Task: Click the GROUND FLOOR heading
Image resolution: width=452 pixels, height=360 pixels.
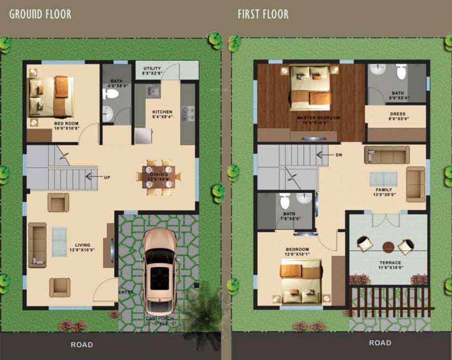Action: (x=40, y=14)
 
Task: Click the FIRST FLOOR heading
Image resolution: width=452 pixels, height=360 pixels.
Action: (x=263, y=14)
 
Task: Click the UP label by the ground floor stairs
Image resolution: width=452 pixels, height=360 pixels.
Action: (x=107, y=177)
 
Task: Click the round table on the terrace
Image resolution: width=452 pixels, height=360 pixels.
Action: (x=388, y=246)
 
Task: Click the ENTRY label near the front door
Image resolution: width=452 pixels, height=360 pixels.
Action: (x=126, y=292)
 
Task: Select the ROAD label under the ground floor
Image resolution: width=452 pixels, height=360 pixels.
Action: (x=82, y=345)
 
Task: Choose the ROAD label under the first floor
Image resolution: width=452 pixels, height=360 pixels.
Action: (x=380, y=343)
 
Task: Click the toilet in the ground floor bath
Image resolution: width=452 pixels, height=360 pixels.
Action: (x=111, y=94)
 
